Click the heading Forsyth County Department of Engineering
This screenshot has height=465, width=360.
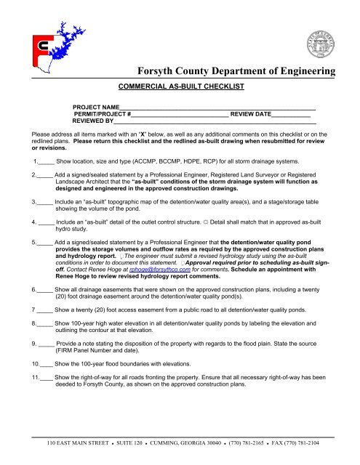pos(236,71)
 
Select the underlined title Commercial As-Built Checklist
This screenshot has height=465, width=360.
pos(180,85)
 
